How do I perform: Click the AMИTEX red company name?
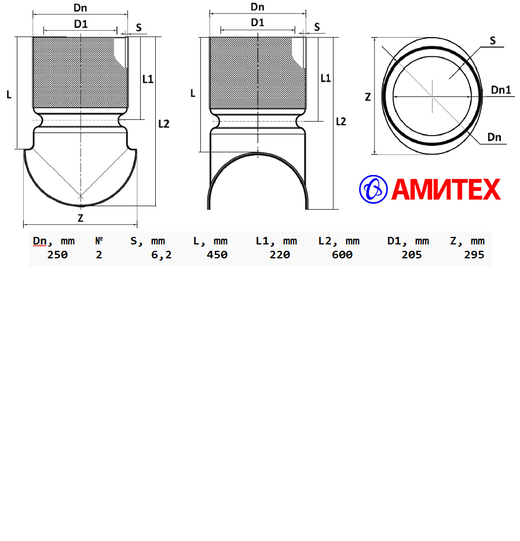click(446, 189)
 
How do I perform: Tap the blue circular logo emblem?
click(373, 189)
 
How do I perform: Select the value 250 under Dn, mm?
click(57, 255)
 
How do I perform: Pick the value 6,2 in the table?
click(161, 255)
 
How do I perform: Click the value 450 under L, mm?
click(217, 255)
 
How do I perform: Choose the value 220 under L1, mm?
click(280, 255)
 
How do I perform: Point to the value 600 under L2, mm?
click(342, 255)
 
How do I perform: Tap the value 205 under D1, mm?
click(412, 255)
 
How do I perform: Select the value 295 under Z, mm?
click(474, 255)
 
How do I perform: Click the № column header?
click(99, 240)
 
